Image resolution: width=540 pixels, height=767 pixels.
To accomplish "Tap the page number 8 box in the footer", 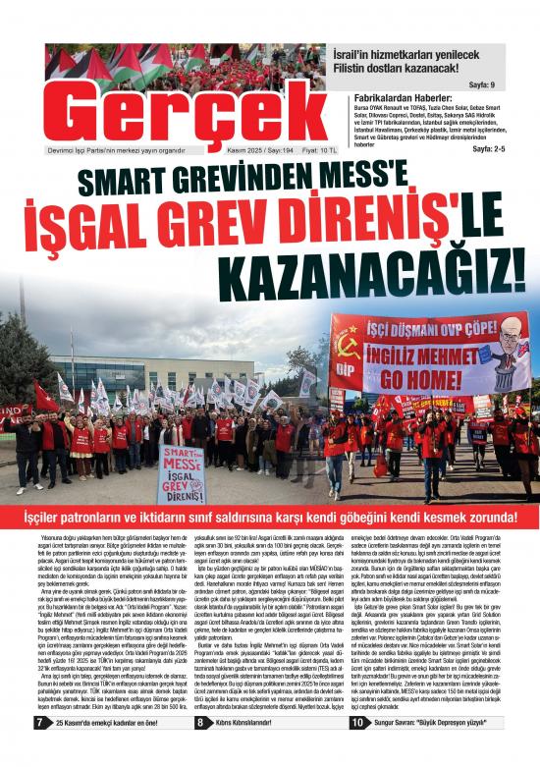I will [x=199, y=751].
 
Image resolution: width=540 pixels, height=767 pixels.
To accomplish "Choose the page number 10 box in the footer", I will [x=357, y=751].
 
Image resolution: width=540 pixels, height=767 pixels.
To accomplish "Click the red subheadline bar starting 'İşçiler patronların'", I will [x=270, y=517].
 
